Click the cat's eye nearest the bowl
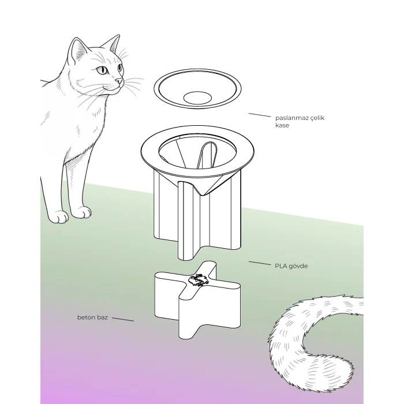120,68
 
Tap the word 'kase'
282,125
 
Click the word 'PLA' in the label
280,266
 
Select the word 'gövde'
298,266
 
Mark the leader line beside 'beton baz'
122,319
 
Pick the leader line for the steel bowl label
260,115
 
